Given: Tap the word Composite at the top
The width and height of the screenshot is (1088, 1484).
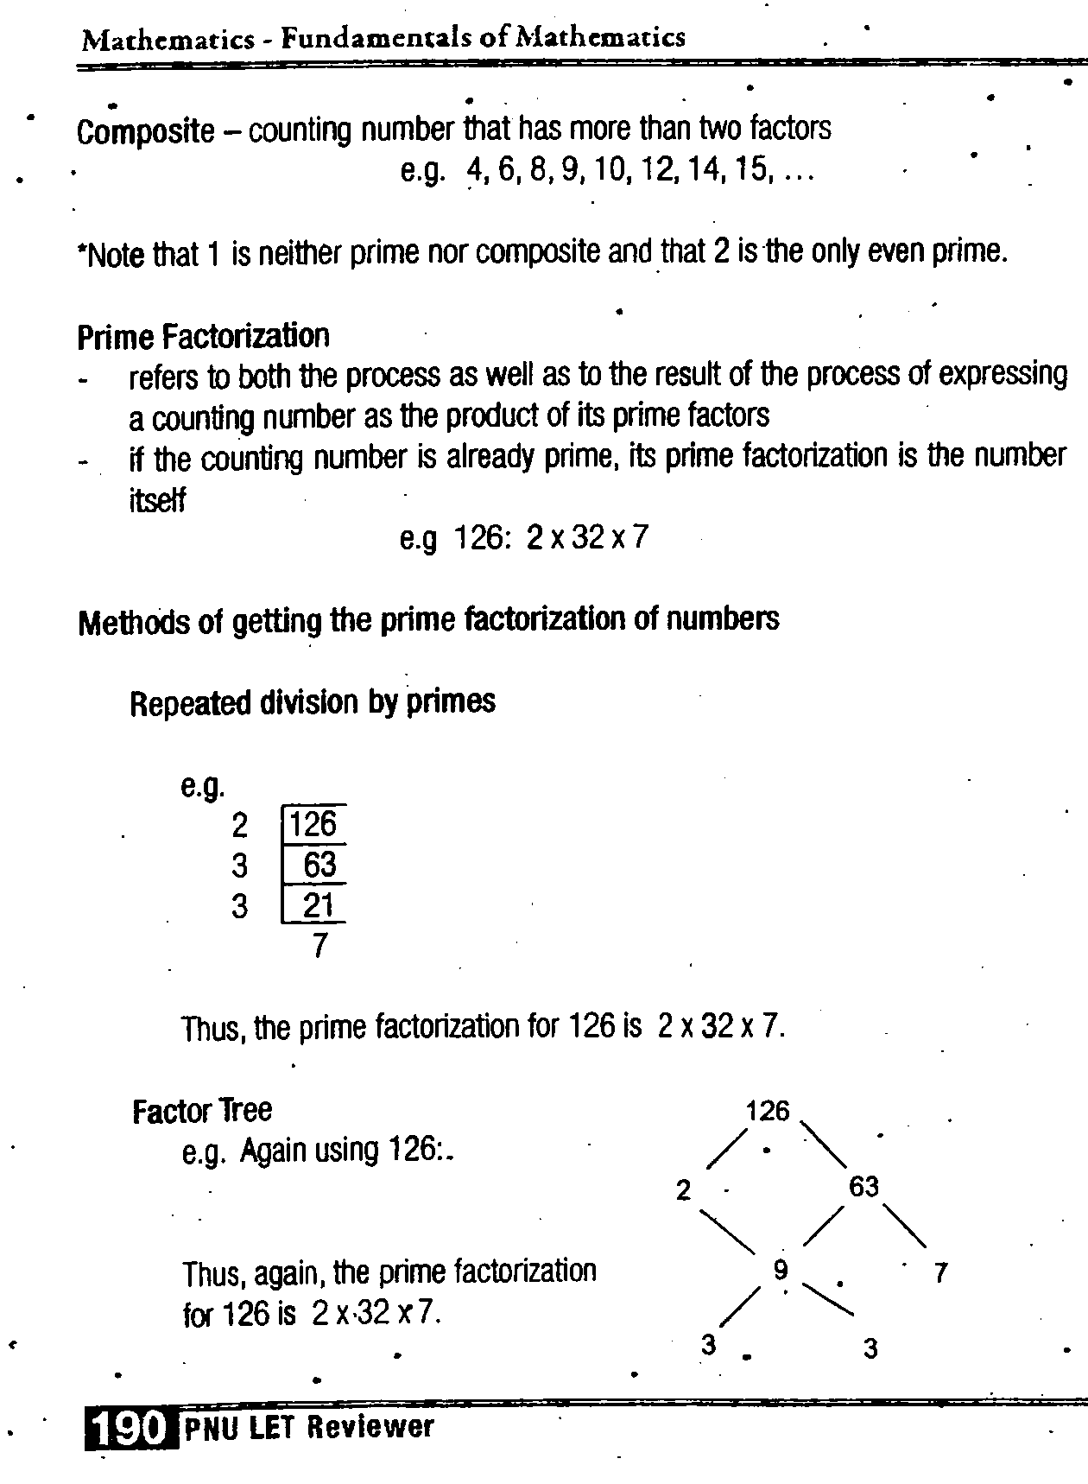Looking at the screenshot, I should point(145,131).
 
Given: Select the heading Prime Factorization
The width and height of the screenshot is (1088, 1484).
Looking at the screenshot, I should point(203,336).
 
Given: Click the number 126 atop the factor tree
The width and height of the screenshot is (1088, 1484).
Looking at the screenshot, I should point(768,1111).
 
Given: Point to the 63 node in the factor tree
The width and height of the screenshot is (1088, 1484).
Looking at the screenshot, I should point(863,1187).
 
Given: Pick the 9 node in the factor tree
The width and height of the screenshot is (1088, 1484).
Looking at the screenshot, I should point(781,1270).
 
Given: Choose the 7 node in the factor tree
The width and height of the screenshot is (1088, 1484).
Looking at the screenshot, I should point(941,1272).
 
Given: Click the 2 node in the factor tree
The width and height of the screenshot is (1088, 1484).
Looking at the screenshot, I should point(684,1191).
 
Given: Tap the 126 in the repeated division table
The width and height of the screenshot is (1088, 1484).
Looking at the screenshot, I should point(313,824).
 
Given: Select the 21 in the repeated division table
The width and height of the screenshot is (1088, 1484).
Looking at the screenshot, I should point(319,906).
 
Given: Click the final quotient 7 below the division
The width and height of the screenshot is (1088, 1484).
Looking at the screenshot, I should point(319,947).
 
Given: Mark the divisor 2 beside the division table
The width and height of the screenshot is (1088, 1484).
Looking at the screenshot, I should point(240,826).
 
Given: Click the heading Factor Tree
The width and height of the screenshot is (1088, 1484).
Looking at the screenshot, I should point(202,1110).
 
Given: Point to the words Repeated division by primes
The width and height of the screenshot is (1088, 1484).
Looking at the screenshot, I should point(313,702).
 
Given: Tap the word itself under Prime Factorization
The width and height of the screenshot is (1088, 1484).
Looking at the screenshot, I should point(156,500).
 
